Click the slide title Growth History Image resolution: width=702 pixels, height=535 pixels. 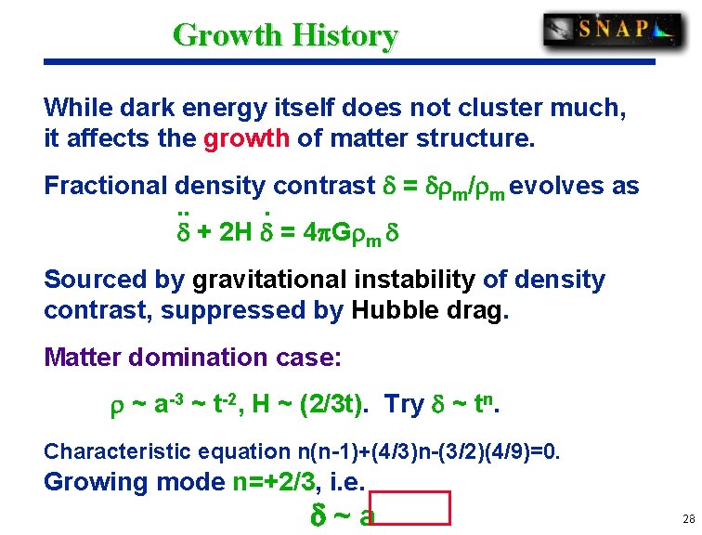tap(285, 35)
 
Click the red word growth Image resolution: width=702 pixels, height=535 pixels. tap(246, 139)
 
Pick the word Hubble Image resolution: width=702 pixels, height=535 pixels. tap(399, 310)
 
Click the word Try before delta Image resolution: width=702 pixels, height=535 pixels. tap(404, 405)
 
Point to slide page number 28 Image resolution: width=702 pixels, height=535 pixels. tap(687, 519)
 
